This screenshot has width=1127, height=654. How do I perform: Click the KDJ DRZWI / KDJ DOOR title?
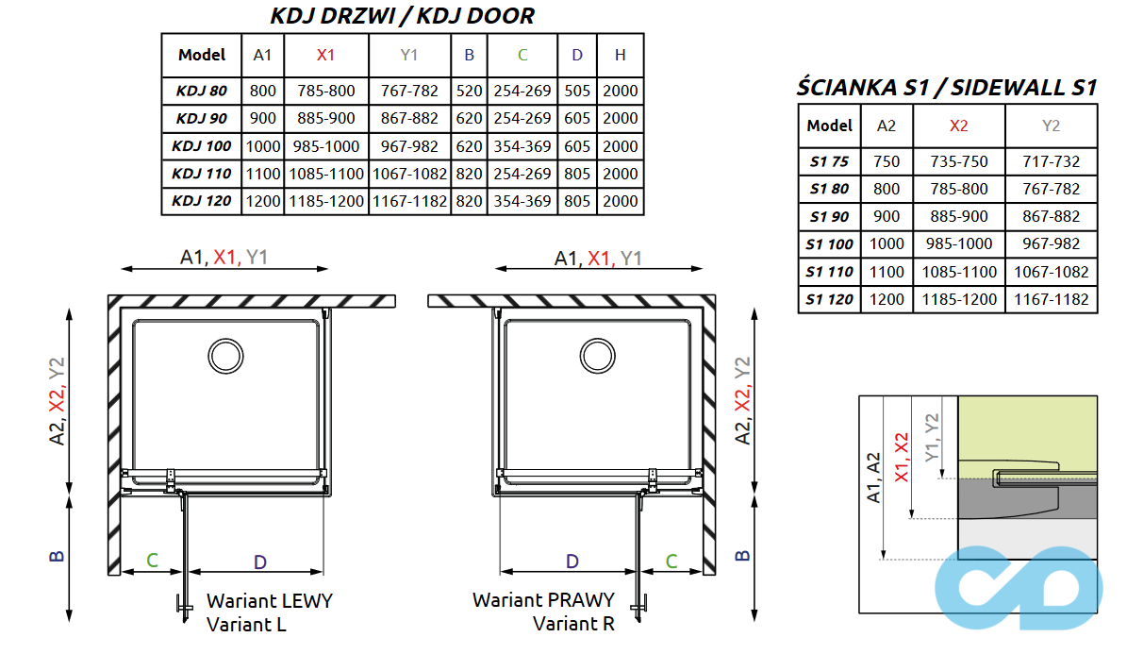click(402, 16)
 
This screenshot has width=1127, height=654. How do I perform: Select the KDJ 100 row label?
click(202, 146)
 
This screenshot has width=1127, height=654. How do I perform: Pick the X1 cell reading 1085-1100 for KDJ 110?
click(325, 174)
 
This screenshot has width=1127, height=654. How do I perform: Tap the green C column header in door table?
click(522, 55)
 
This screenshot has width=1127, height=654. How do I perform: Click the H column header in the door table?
click(620, 55)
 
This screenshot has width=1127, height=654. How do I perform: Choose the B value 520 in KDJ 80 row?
click(469, 92)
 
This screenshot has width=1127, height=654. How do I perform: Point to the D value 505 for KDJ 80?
click(577, 92)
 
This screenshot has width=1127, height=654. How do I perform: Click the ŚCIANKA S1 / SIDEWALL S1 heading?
click(947, 88)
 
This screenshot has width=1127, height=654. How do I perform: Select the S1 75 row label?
click(830, 161)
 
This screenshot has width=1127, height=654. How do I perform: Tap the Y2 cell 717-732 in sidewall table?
click(1052, 161)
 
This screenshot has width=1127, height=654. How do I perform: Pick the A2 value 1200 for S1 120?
click(887, 299)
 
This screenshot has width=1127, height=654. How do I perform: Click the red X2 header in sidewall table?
click(958, 126)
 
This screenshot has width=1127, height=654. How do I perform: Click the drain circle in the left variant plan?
click(224, 356)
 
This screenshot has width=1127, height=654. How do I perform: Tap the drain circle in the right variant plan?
click(596, 356)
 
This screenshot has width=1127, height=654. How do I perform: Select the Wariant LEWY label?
click(270, 600)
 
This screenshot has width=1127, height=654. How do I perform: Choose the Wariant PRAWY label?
click(543, 599)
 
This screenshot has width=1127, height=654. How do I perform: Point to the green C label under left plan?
click(152, 561)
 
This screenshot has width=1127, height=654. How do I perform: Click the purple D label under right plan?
click(572, 561)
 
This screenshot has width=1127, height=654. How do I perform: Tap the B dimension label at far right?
click(743, 554)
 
